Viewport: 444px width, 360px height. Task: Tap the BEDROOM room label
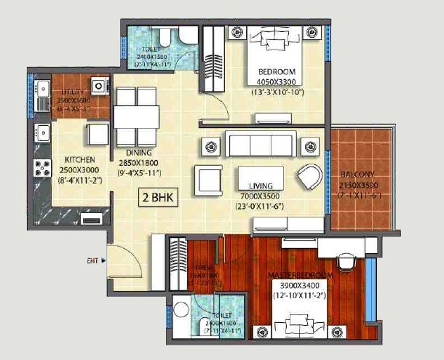coord(276,72)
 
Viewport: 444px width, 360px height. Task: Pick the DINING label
coord(138,153)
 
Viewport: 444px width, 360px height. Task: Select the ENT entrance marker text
coord(92,260)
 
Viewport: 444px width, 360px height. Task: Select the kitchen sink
coord(41,133)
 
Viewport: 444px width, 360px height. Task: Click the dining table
coord(136,116)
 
